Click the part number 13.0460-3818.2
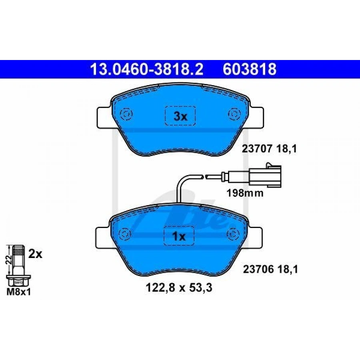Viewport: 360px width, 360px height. (146, 69)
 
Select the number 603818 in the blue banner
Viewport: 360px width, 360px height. (249, 69)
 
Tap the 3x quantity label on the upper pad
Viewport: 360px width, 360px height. (180, 117)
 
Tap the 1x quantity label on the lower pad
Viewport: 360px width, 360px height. (179, 236)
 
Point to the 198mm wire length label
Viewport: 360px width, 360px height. (245, 193)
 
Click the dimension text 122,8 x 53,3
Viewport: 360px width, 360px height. (179, 288)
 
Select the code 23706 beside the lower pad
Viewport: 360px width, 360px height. (258, 269)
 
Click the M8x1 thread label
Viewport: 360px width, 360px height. (18, 292)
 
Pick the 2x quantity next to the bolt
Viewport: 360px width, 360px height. (35, 254)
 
